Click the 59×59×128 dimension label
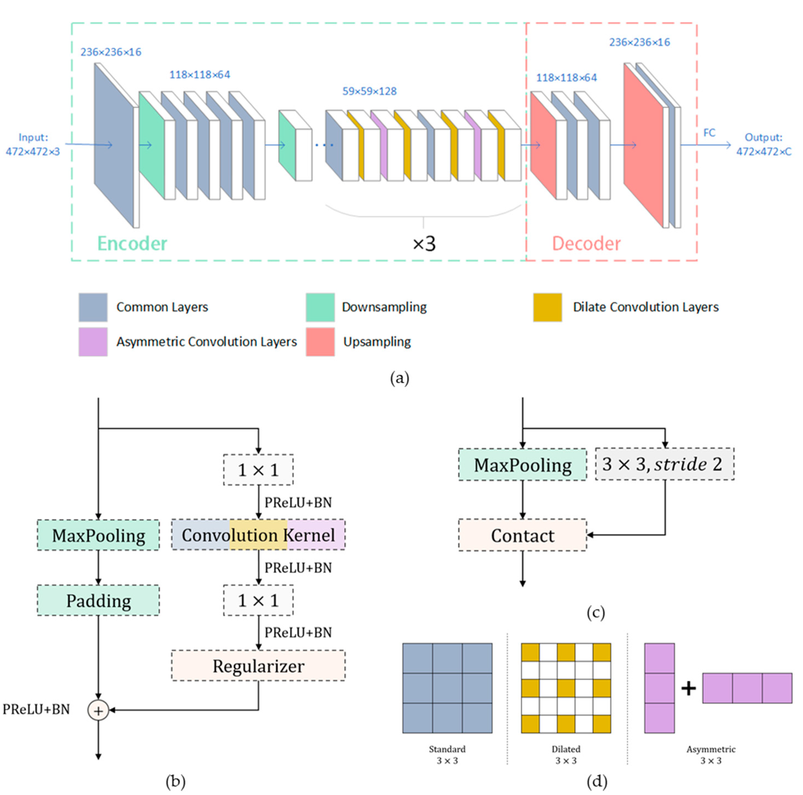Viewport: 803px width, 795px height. pos(370,91)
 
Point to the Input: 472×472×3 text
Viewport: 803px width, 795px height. pos(33,144)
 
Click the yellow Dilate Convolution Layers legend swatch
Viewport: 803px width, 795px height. pos(547,307)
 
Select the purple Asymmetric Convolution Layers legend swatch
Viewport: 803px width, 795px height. pos(93,342)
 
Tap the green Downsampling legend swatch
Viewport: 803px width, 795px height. pos(320,307)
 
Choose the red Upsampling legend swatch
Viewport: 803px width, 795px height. pos(320,342)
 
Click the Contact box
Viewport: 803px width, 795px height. pos(522,535)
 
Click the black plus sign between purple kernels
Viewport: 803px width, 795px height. pos(688,689)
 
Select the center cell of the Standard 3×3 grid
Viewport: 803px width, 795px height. pos(447,688)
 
